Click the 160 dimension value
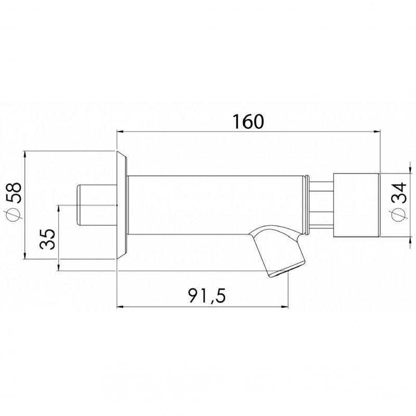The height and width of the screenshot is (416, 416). (x=249, y=121)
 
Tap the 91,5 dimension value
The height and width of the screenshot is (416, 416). (x=207, y=295)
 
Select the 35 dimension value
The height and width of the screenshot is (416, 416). (x=47, y=239)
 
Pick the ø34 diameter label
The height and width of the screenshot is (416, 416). (x=399, y=201)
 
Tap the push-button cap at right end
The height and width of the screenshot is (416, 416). (x=356, y=205)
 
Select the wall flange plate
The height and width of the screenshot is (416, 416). (x=122, y=205)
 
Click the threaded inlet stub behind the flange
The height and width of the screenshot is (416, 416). (x=97, y=205)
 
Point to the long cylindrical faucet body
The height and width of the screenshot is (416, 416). (x=215, y=205)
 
